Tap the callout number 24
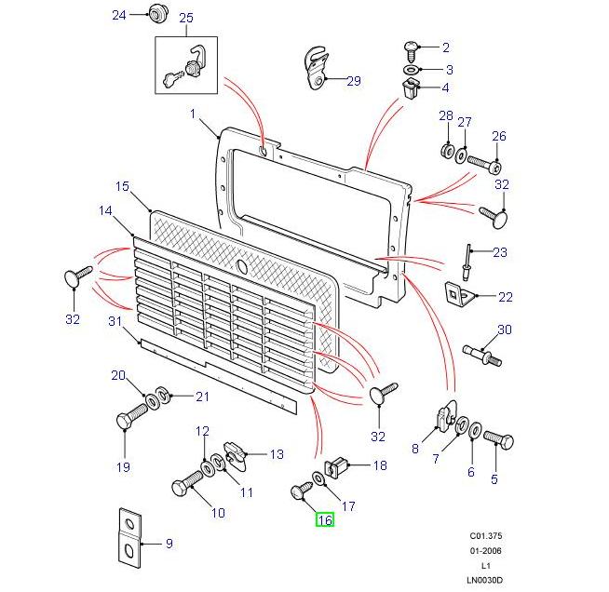click(x=119, y=15)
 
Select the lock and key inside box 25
click(x=185, y=65)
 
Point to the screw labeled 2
click(x=411, y=46)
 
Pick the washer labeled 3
click(x=411, y=70)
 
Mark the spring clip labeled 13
click(x=237, y=455)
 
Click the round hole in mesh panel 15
click(x=242, y=267)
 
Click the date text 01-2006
click(x=485, y=550)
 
